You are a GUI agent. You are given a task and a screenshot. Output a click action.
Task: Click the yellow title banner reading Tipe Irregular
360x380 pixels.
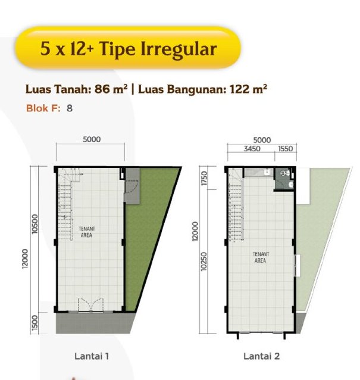tap(128, 48)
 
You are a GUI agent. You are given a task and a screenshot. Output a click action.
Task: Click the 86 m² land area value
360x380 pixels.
tap(111, 89)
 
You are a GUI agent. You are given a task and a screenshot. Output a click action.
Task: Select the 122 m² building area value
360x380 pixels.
tap(248, 89)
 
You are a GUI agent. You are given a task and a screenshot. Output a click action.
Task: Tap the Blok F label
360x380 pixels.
tap(43, 108)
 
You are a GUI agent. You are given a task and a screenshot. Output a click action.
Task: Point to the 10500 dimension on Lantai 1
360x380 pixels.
tap(35, 224)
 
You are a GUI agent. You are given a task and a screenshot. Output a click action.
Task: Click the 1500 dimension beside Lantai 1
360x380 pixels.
tap(35, 323)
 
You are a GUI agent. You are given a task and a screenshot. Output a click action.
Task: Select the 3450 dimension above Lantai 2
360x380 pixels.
tap(252, 148)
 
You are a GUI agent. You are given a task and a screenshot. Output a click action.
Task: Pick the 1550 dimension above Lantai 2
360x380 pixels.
tap(286, 148)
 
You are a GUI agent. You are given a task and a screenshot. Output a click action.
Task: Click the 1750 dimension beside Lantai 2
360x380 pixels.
tap(204, 178)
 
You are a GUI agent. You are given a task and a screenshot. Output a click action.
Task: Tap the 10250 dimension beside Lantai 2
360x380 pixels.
tap(204, 261)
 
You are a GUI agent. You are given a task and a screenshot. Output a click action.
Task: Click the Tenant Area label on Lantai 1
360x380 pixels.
tap(87, 232)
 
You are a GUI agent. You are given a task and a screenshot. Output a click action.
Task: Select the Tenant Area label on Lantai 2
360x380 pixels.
tap(261, 257)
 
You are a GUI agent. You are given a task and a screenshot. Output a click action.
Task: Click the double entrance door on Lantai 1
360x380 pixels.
tap(91, 305)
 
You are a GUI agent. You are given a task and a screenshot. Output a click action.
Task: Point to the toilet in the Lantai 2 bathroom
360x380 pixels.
tap(285, 173)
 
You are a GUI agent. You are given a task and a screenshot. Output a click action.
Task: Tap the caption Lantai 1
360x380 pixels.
tap(92, 356)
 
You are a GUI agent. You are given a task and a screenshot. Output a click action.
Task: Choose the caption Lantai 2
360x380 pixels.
tap(261, 356)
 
